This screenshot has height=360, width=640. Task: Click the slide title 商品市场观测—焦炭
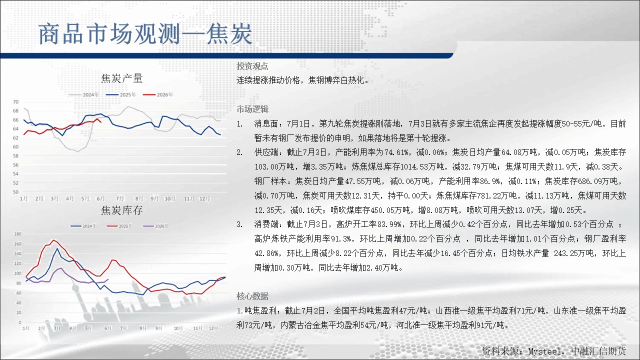145,34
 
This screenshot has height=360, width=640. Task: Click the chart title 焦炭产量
122,78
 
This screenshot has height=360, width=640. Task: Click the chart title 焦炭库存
122,210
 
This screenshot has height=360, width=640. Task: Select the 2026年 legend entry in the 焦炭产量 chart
158,94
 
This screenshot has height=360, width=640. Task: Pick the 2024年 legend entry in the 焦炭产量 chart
83,94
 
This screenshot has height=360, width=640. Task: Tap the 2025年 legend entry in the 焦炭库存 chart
119,226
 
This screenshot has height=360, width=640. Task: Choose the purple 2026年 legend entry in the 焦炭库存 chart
155,226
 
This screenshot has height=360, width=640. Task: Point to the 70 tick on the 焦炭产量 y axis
15,101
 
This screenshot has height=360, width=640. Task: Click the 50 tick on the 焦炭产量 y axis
15,192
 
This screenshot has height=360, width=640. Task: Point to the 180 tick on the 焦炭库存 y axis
17,234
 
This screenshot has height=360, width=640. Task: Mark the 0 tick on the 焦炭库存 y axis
19,322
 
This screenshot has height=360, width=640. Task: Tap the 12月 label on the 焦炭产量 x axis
204,198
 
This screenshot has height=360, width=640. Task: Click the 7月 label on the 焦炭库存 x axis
123,328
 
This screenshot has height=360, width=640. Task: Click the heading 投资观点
252,66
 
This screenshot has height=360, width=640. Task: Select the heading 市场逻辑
252,109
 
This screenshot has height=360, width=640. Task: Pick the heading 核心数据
252,296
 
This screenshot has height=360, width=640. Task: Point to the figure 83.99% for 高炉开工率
389,224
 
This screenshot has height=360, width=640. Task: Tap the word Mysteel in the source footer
544,351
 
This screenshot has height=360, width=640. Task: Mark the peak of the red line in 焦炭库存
53,240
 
